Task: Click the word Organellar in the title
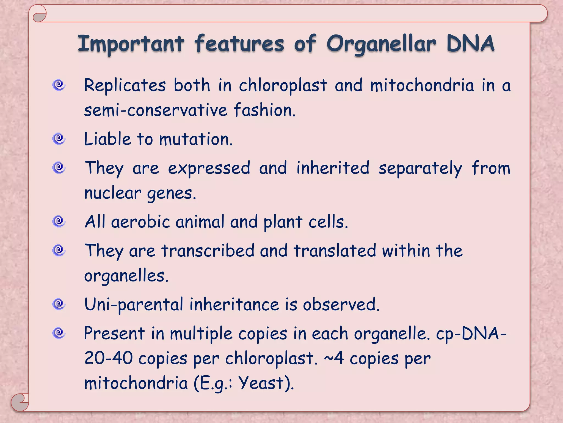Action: (x=381, y=44)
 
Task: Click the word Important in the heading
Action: (x=131, y=44)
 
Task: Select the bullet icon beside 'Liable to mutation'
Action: (x=59, y=139)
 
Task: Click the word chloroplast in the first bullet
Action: (x=283, y=85)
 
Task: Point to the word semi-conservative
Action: (x=156, y=110)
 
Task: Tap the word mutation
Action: (x=195, y=139)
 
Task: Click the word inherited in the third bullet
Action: (x=333, y=168)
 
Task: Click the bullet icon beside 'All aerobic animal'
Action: (x=59, y=221)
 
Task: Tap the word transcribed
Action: (x=208, y=251)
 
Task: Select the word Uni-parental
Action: (x=134, y=305)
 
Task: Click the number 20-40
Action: (x=108, y=358)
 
